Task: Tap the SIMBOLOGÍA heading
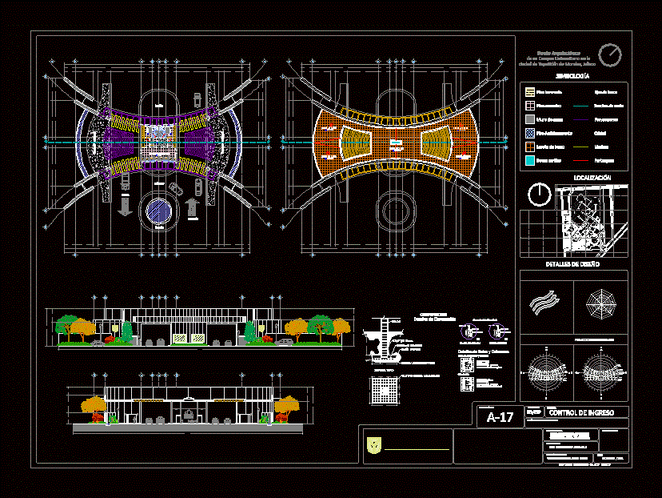[x=573, y=75]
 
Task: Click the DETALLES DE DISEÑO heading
[x=573, y=263]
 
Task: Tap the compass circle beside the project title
[x=611, y=54]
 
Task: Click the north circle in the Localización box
[x=540, y=194]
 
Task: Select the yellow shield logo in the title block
[x=373, y=446]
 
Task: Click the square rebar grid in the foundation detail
[x=385, y=391]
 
